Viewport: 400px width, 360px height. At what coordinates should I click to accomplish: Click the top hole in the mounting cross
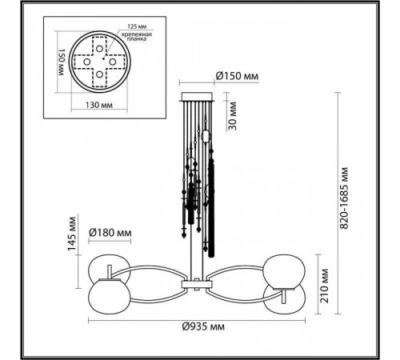click(x=99, y=46)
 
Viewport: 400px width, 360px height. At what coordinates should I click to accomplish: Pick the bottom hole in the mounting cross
click(x=99, y=78)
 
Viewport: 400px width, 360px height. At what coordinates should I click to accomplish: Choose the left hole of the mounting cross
click(x=83, y=62)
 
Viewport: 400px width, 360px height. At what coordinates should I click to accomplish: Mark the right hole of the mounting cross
click(x=114, y=62)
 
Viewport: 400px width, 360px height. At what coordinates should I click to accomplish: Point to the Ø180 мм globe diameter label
click(x=111, y=233)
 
